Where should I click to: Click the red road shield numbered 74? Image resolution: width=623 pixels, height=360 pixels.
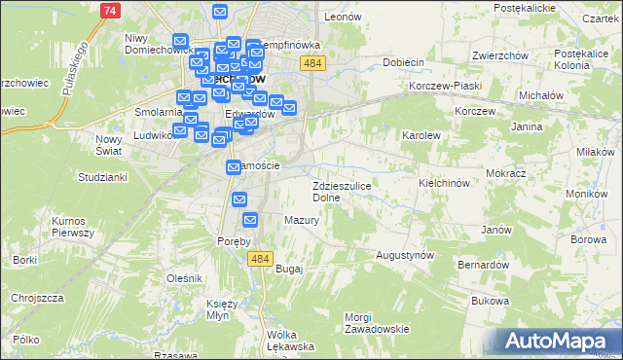[x=111, y=10]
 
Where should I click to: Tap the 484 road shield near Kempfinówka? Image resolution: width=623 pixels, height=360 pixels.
[x=312, y=63]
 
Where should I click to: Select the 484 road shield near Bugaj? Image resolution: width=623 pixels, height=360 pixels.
[x=259, y=258]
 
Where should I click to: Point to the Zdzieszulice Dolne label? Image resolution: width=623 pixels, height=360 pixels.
[x=340, y=191]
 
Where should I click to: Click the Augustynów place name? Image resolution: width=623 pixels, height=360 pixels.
[x=405, y=255]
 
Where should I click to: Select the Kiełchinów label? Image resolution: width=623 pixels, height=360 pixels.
[x=444, y=183]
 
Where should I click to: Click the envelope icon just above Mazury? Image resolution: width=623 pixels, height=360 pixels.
[x=249, y=221]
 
